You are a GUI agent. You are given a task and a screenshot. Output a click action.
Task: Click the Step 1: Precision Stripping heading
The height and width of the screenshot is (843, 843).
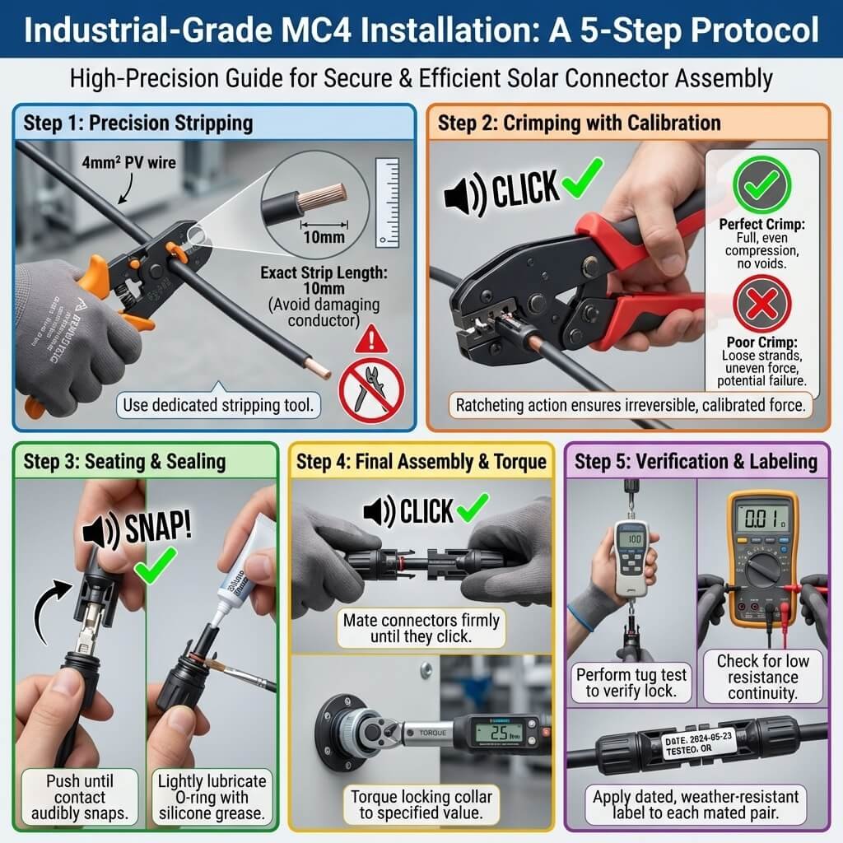137,123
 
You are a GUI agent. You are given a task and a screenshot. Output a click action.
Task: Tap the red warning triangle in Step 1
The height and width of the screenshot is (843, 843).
376,338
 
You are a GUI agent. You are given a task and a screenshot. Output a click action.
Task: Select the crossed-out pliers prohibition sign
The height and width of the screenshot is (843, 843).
371,386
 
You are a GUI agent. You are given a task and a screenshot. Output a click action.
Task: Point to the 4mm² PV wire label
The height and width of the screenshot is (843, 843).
140,163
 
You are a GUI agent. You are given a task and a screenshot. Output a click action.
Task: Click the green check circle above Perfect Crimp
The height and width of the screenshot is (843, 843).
761,185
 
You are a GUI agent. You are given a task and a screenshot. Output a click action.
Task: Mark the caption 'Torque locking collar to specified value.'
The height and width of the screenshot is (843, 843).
421,806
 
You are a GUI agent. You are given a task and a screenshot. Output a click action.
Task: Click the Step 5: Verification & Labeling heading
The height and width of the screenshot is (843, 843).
696,461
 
